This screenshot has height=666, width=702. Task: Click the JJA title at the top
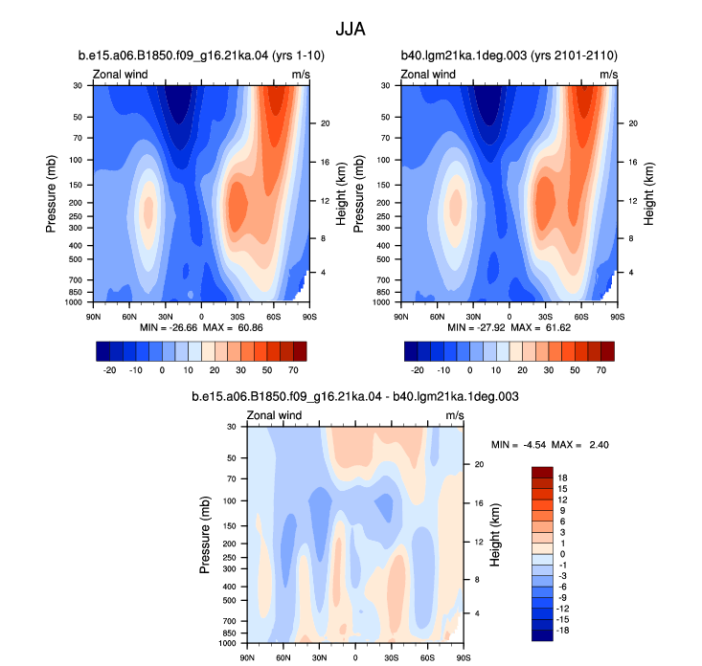click(351, 30)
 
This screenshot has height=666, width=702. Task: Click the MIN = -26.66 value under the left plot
click(169, 327)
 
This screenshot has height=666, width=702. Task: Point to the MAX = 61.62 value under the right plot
click(541, 327)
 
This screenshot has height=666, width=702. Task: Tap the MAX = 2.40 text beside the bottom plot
click(579, 445)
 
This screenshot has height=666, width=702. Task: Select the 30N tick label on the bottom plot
click(319, 657)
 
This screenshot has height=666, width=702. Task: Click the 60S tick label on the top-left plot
click(274, 317)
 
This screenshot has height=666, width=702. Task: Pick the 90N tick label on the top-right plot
click(401, 317)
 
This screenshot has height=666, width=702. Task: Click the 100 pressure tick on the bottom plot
click(229, 501)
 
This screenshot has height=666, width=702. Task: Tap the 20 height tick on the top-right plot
click(633, 123)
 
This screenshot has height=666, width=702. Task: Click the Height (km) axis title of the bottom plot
click(495, 535)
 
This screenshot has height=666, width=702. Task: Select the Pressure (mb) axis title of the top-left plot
click(51, 193)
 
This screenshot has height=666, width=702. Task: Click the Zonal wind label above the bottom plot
click(274, 415)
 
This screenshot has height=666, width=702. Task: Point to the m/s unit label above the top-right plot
click(609, 75)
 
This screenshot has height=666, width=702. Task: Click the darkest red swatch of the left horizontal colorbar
click(300, 351)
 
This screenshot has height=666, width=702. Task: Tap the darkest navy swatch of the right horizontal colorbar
click(411, 351)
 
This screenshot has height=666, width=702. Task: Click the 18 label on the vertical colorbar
click(563, 477)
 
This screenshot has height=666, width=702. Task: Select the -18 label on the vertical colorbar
click(563, 631)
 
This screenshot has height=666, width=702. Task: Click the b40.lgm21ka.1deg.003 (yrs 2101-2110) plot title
click(510, 55)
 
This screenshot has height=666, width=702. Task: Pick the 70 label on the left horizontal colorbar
click(293, 370)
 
